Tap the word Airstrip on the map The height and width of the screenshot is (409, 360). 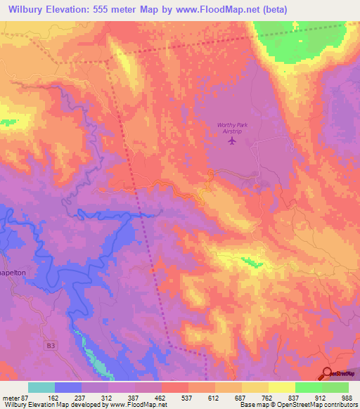(x=232, y=131)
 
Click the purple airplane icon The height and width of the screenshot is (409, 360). (x=232, y=141)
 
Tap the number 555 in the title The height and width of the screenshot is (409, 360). (x=111, y=8)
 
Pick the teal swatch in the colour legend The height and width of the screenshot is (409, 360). (x=41, y=387)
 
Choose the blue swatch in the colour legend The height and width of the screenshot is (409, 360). (x=68, y=387)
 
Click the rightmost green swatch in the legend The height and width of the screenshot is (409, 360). (x=335, y=387)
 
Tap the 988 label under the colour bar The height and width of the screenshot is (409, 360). (x=345, y=397)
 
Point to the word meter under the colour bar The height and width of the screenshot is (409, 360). (x=11, y=397)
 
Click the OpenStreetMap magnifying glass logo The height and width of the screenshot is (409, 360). (x=327, y=374)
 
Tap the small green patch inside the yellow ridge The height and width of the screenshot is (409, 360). (x=248, y=261)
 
